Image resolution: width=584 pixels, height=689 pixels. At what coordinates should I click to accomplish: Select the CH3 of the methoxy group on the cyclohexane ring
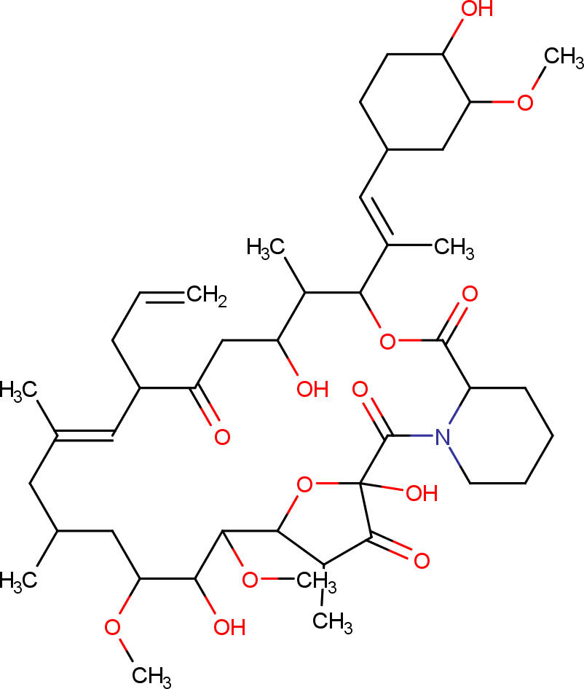coord(564,56)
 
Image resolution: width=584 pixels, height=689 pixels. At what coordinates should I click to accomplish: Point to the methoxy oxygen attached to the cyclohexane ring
coord(526,103)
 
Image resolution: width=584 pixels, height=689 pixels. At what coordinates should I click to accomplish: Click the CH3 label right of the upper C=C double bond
coord(454,248)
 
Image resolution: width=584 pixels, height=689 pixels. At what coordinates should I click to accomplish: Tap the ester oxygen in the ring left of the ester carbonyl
coord(388,340)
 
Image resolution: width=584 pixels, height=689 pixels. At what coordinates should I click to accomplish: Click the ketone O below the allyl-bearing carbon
coord(221,437)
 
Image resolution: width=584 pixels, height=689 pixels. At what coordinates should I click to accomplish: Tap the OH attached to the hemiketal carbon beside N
coord(421,493)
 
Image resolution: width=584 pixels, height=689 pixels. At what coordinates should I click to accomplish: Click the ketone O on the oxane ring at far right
coord(421,560)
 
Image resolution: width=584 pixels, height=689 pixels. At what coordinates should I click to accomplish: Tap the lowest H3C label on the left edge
coord(17,580)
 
